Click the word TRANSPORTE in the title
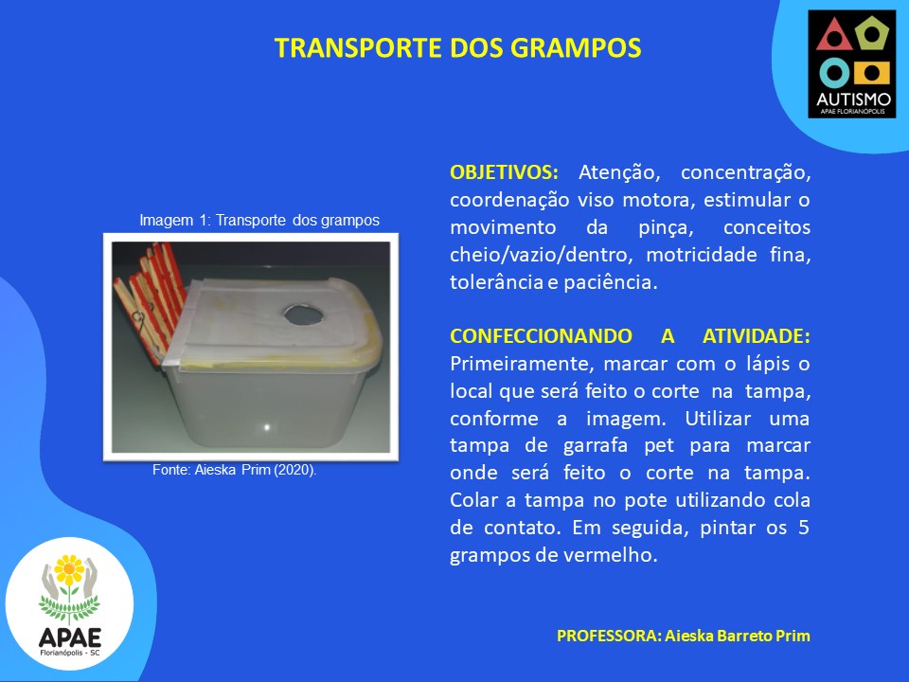(x=359, y=48)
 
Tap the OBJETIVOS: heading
(x=504, y=172)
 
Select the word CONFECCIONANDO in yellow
(x=541, y=335)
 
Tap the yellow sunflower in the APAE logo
(x=69, y=570)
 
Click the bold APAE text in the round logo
(x=69, y=637)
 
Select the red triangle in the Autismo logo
(x=834, y=36)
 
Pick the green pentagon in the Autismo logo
(x=871, y=33)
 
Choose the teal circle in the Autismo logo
(x=835, y=74)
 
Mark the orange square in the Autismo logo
(x=871, y=73)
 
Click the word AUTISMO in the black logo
(x=853, y=99)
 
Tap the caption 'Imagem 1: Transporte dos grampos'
(x=259, y=221)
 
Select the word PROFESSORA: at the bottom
(x=609, y=636)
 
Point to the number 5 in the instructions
(x=803, y=528)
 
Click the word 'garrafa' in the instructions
(x=596, y=445)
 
